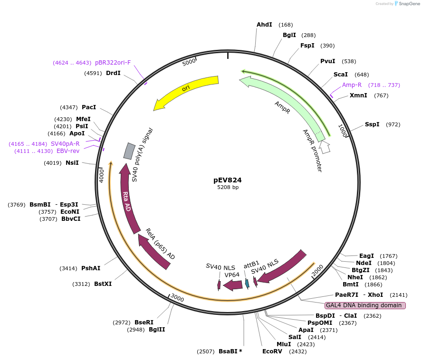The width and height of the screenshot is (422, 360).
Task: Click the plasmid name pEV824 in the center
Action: (x=227, y=180)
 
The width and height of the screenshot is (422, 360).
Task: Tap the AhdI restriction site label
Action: (x=264, y=25)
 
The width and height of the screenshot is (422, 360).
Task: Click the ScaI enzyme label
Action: (x=340, y=75)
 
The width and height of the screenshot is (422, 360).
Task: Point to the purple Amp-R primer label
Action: (x=352, y=85)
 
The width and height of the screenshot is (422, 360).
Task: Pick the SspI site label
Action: (x=372, y=124)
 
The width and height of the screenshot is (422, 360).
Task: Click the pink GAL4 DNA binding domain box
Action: (x=365, y=305)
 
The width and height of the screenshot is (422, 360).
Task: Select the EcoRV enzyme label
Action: (x=272, y=351)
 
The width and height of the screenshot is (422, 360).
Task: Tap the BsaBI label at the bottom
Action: (x=230, y=351)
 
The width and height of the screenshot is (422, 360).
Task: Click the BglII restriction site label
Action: (x=157, y=330)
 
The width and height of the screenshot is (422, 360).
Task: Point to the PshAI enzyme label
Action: (x=91, y=268)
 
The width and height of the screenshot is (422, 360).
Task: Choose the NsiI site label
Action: (x=72, y=163)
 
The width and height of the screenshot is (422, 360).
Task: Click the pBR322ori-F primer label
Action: (x=113, y=63)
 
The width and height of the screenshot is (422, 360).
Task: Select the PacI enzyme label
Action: (x=89, y=107)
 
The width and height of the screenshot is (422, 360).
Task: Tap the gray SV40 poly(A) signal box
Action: (x=129, y=151)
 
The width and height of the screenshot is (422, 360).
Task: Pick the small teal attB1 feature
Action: (x=247, y=284)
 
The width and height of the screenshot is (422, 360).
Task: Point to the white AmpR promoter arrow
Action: (x=324, y=147)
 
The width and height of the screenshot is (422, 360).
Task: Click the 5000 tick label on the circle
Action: (x=189, y=62)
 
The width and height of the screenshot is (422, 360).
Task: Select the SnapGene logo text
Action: (x=409, y=4)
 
